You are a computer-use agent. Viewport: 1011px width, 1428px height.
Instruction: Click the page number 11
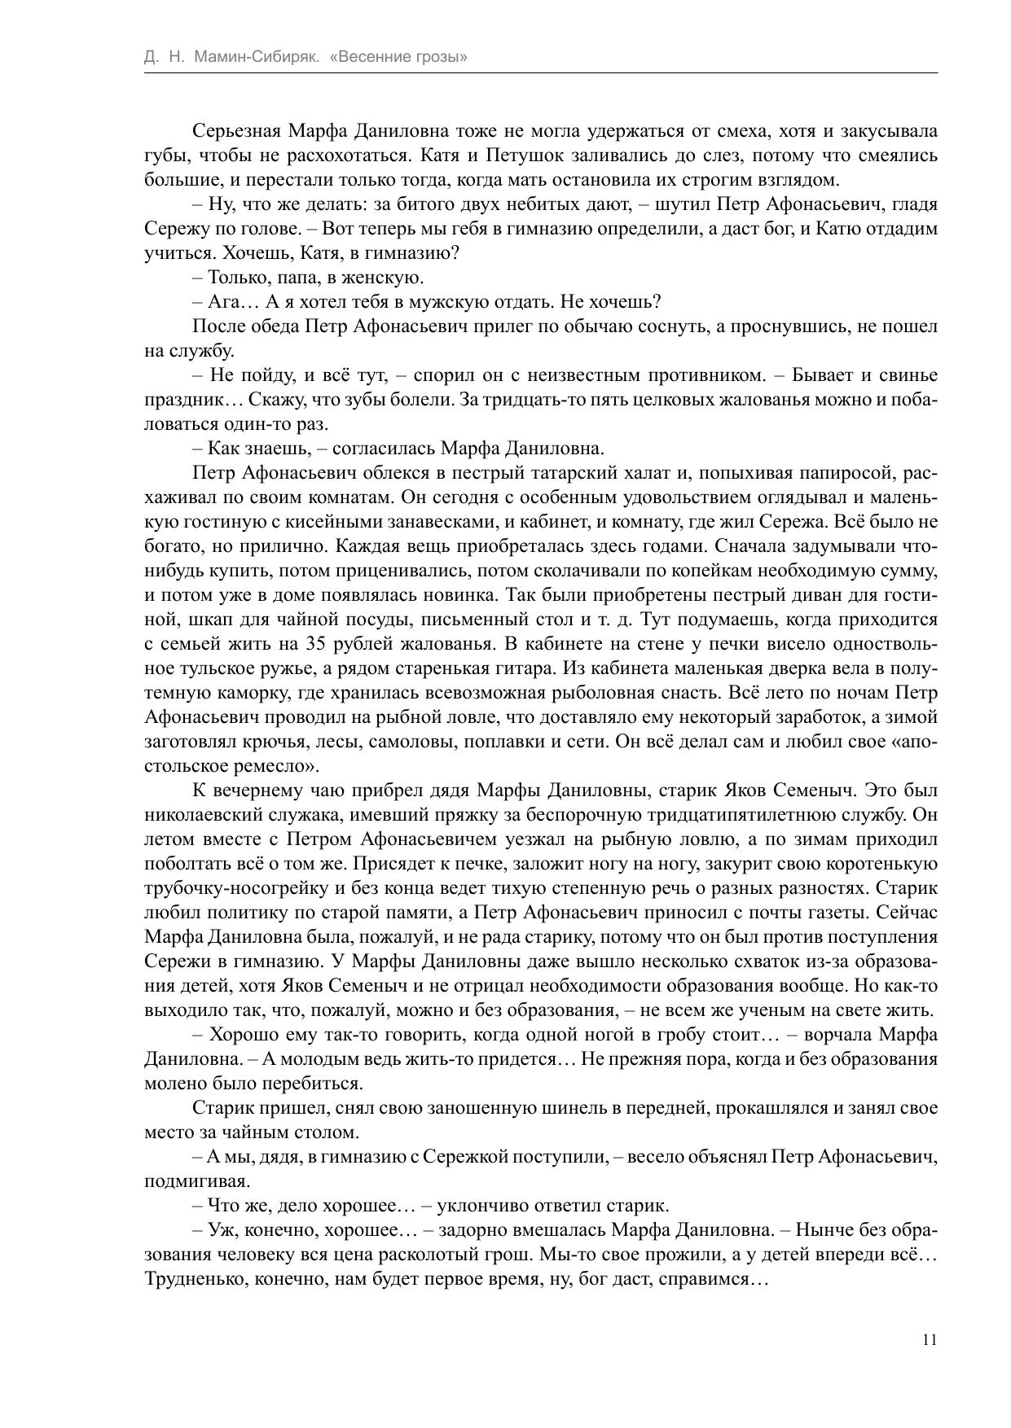(x=930, y=1340)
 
